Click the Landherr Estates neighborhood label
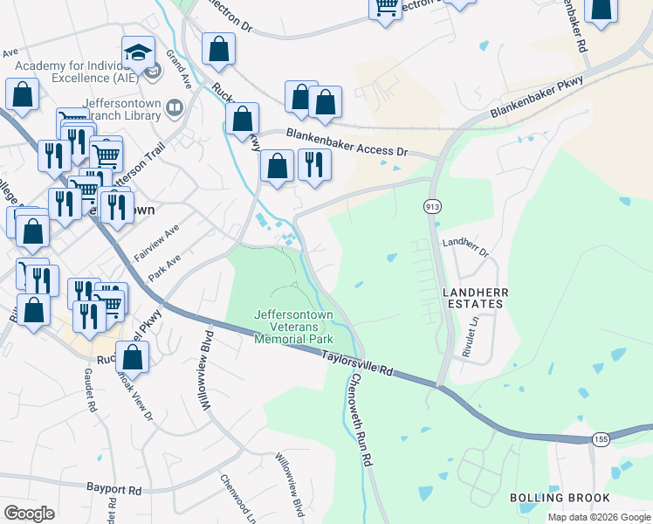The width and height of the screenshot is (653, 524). click(x=472, y=298)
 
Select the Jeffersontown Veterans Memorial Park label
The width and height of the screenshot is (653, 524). click(x=293, y=326)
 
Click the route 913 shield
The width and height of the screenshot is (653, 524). click(x=432, y=206)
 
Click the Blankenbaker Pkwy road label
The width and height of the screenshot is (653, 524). click(x=536, y=99)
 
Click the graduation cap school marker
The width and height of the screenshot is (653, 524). click(x=138, y=53)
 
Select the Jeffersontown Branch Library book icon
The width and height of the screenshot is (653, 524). click(x=175, y=108)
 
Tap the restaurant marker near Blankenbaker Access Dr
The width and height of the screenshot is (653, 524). click(x=313, y=164)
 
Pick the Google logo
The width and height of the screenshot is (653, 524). click(x=29, y=514)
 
